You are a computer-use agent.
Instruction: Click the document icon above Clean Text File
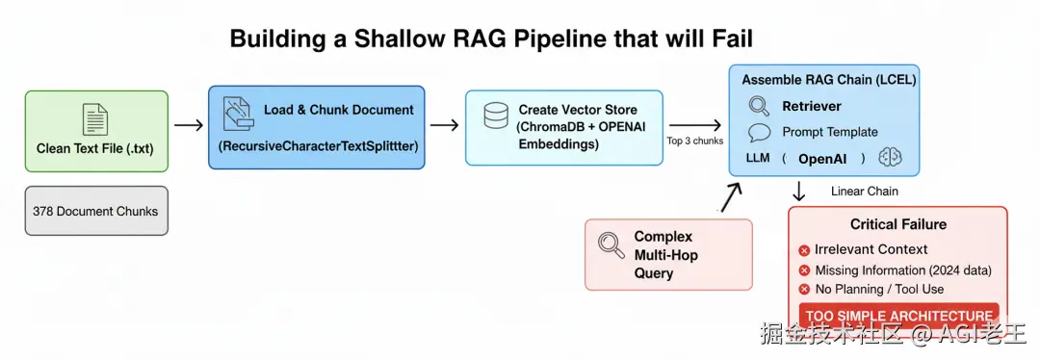pyautogui.click(x=94, y=119)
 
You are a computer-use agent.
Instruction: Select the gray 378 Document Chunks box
pyautogui.click(x=96, y=211)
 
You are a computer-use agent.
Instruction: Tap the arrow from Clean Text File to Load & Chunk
pyautogui.click(x=189, y=124)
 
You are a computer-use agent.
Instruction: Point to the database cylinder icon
pyautogui.click(x=495, y=117)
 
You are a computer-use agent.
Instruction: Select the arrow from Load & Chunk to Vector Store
pyautogui.click(x=444, y=124)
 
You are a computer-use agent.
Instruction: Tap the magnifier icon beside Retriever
pyautogui.click(x=759, y=106)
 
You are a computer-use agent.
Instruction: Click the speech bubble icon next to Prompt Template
pyautogui.click(x=760, y=133)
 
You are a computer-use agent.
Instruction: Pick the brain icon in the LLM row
pyautogui.click(x=891, y=158)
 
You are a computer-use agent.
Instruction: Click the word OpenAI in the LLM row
pyautogui.click(x=823, y=159)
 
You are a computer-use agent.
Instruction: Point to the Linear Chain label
pyautogui.click(x=865, y=191)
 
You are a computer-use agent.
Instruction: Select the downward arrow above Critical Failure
pyautogui.click(x=799, y=191)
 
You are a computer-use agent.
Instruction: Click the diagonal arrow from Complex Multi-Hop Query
pyautogui.click(x=731, y=196)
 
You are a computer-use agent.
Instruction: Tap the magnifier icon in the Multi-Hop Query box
pyautogui.click(x=611, y=244)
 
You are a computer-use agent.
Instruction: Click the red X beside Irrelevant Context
pyautogui.click(x=804, y=250)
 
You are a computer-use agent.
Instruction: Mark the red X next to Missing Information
pyautogui.click(x=804, y=270)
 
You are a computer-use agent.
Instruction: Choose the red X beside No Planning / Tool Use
pyautogui.click(x=804, y=289)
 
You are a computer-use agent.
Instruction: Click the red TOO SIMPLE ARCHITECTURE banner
pyautogui.click(x=898, y=315)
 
